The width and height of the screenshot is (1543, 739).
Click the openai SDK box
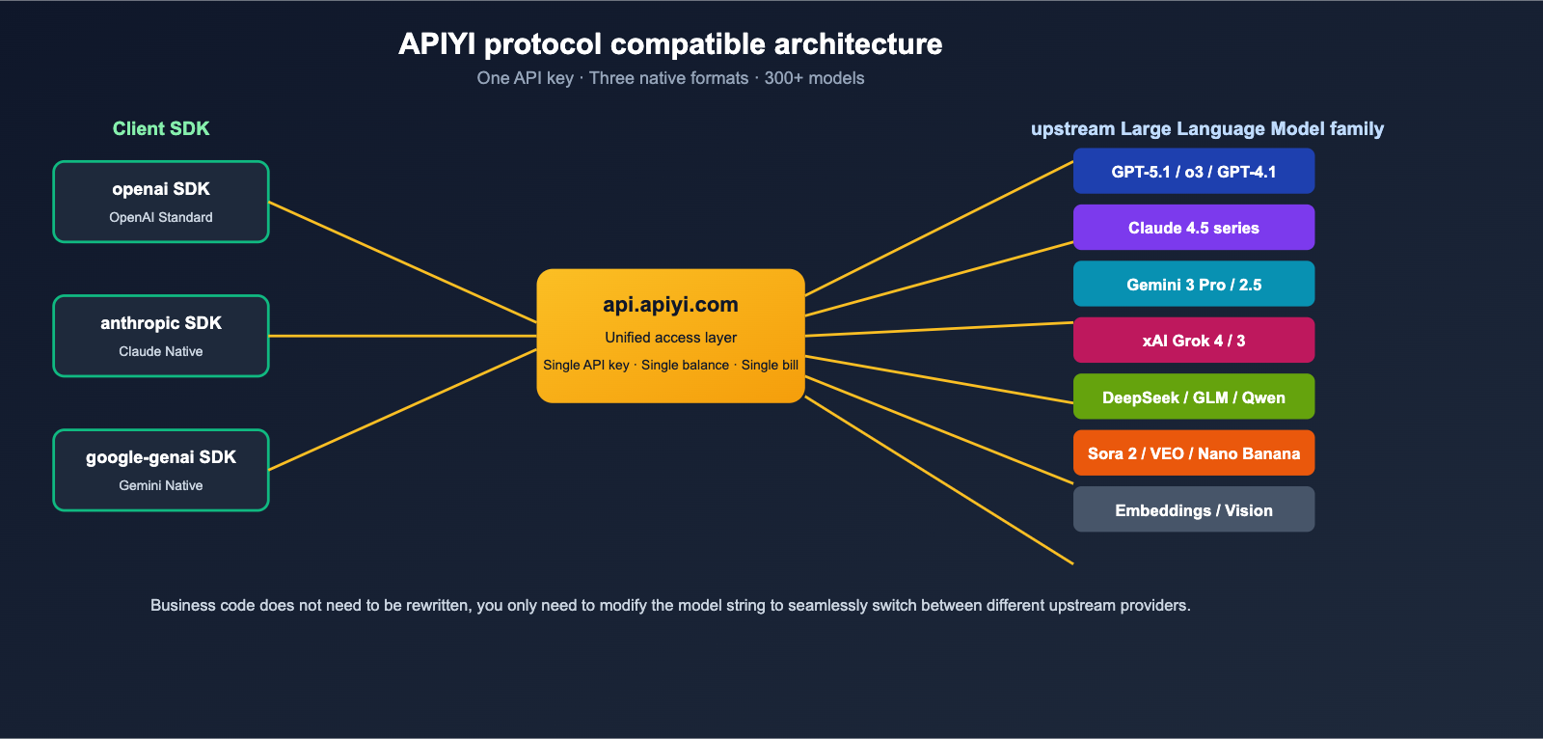(161, 202)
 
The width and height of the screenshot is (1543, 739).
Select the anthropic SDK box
(161, 336)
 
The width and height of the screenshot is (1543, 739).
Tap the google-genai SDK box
(161, 470)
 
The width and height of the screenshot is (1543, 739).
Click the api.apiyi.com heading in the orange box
(670, 305)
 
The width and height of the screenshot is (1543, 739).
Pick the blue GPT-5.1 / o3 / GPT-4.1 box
(1193, 172)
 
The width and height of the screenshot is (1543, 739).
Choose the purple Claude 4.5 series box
(1193, 228)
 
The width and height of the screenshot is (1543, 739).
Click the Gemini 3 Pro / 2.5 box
(1193, 285)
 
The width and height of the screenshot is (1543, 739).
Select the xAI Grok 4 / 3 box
(1193, 341)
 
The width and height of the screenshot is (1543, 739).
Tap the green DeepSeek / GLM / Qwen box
(1193, 397)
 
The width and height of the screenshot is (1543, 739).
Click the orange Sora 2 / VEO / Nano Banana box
(1193, 453)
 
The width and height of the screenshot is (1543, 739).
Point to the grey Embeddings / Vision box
(1193, 510)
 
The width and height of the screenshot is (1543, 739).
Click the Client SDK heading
(161, 129)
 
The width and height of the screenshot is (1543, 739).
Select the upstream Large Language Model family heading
(1206, 129)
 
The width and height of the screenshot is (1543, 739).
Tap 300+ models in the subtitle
(814, 78)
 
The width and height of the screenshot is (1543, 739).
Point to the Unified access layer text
(670, 338)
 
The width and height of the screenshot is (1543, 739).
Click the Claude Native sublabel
(161, 351)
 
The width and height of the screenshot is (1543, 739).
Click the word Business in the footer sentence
(182, 606)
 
